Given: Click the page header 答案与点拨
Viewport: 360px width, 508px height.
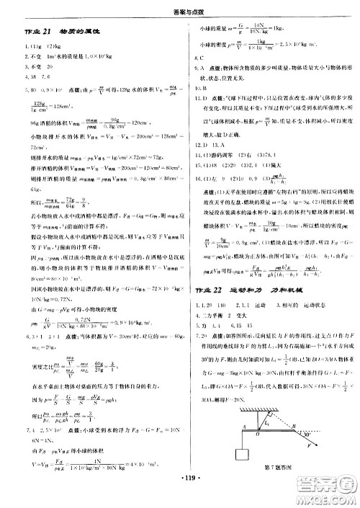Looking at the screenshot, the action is [179, 9].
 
